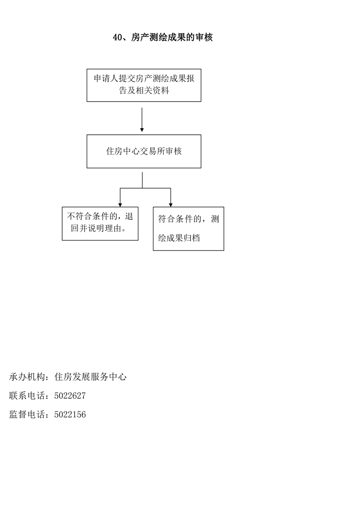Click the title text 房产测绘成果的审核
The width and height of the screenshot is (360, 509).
(x=172, y=37)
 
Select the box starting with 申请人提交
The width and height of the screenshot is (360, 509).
(x=144, y=85)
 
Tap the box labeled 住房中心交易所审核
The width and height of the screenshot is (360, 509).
(x=144, y=151)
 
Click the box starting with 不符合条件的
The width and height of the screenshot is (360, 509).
(x=100, y=224)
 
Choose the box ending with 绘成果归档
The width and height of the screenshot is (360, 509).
(x=188, y=229)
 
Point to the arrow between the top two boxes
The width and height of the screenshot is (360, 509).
(x=142, y=120)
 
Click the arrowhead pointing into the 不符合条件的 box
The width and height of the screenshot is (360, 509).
(x=120, y=205)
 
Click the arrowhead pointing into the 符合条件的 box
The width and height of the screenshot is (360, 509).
(x=171, y=205)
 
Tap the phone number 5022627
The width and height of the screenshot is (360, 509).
(x=70, y=396)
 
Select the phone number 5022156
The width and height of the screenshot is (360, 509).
(x=70, y=415)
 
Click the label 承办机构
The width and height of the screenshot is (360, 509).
(x=27, y=377)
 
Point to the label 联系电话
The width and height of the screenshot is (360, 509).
(x=27, y=396)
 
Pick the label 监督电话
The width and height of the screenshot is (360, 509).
(x=27, y=415)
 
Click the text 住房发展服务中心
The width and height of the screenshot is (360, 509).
(x=90, y=377)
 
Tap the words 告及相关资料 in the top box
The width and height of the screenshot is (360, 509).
(x=144, y=91)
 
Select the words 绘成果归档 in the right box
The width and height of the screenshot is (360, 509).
(x=179, y=238)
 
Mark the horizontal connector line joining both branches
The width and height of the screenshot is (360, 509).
(x=145, y=188)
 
